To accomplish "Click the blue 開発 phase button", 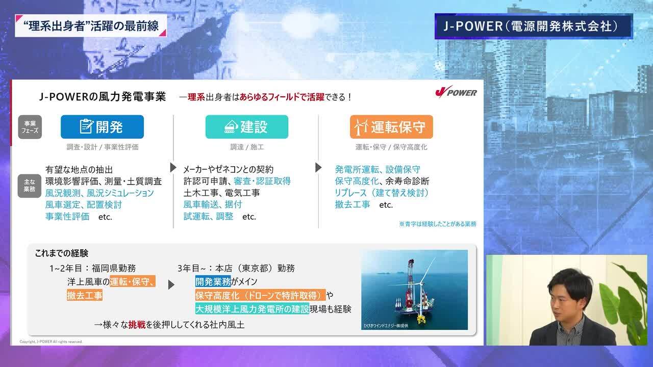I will [x=102, y=127].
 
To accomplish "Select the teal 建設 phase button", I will [x=246, y=127].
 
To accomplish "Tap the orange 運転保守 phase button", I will [x=391, y=127].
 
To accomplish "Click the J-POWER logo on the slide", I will [x=456, y=92].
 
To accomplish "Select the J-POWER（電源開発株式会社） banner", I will [x=533, y=27].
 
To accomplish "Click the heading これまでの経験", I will [x=61, y=253].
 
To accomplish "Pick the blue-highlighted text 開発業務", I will [x=213, y=281].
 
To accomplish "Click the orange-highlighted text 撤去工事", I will [x=85, y=295].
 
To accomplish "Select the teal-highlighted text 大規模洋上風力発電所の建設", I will [x=252, y=309].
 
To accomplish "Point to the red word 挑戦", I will [x=137, y=324].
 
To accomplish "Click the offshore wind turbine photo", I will [x=414, y=290].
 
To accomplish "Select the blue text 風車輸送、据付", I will [x=213, y=204].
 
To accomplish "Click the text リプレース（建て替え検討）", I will [x=382, y=193].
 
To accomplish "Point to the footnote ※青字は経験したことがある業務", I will [x=437, y=224].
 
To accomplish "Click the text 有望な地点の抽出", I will [x=79, y=169].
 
